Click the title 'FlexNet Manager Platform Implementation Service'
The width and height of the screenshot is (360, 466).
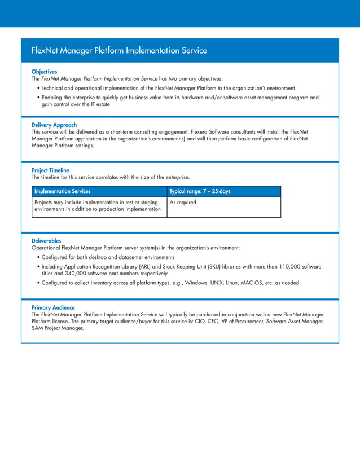119,51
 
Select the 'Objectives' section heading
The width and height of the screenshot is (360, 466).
44,72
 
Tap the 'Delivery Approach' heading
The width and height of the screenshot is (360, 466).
54,125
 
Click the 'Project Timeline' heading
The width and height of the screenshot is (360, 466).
50,170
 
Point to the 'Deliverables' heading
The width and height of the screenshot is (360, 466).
46,241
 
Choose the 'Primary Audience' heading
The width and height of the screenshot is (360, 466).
53,307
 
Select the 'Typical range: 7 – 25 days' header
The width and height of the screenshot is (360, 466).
200,192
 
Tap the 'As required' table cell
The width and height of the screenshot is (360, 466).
183,203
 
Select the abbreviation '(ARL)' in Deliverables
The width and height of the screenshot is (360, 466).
139,266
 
